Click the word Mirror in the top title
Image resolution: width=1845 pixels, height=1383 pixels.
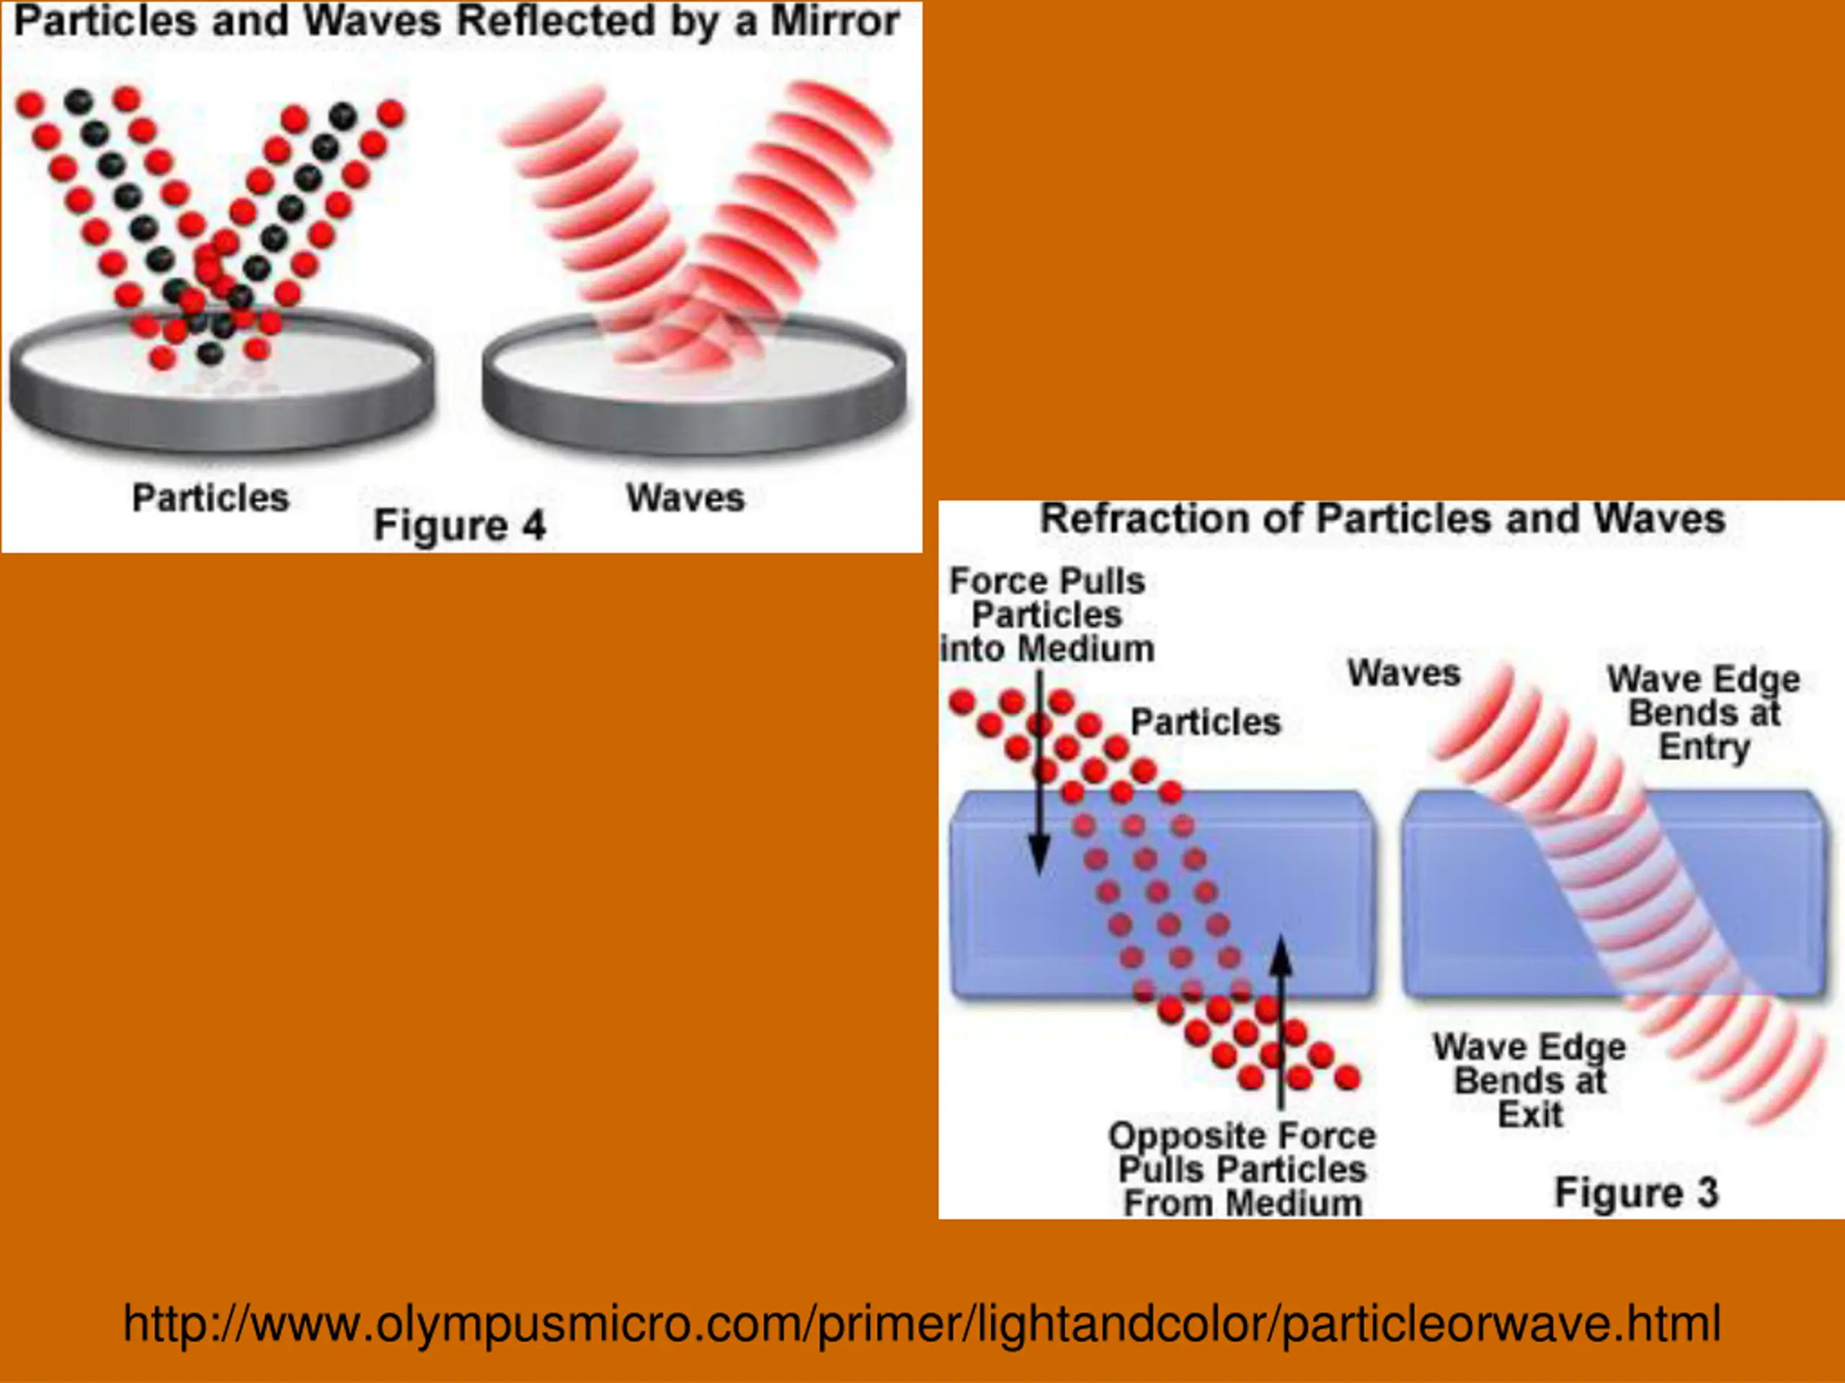834,22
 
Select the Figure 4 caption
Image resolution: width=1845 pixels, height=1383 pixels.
459,526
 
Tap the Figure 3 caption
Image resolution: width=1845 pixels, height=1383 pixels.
1637,1193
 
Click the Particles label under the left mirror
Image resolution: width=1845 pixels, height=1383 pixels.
210,498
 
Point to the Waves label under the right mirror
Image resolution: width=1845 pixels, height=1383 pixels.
685,498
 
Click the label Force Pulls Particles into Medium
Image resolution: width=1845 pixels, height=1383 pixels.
1048,615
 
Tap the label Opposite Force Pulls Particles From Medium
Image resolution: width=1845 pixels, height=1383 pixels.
1242,1170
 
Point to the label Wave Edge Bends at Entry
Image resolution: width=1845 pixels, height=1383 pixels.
1703,713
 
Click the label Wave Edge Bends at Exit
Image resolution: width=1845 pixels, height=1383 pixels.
1530,1080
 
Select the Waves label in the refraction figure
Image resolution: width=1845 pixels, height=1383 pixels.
1404,673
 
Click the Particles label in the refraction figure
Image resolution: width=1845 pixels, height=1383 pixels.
1205,722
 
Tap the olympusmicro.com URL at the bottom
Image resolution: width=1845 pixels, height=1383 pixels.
922,1323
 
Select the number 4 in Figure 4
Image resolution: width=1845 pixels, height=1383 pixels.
534,526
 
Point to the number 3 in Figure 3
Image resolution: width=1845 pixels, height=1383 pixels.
1707,1193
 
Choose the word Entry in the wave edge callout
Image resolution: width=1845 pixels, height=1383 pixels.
1704,747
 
